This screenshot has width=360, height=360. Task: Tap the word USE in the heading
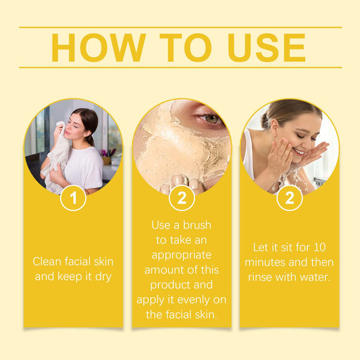[x=267, y=47]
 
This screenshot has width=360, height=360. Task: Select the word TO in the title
[x=185, y=47]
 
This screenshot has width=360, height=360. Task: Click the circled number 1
[x=73, y=198]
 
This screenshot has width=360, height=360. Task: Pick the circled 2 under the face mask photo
[x=182, y=198]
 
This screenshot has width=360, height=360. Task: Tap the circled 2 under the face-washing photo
[x=290, y=198]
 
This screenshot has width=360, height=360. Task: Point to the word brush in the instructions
[x=197, y=225]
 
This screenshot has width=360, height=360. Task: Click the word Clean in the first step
[x=47, y=261]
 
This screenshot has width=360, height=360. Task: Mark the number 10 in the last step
[x=319, y=247]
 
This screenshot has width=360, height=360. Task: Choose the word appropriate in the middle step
[x=182, y=256]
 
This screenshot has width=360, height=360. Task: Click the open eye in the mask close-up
[x=211, y=118]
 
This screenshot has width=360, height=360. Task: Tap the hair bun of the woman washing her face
[x=266, y=121]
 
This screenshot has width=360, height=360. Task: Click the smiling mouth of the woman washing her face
[x=300, y=152]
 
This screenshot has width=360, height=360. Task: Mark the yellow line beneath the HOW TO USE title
[x=181, y=67]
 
